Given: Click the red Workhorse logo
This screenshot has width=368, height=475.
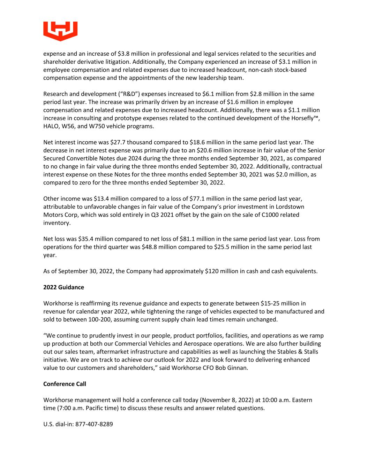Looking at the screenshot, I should click(x=60, y=31).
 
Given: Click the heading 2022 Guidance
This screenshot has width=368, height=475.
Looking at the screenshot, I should click(x=63, y=287).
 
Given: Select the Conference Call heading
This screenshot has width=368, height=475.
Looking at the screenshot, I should click(x=65, y=384).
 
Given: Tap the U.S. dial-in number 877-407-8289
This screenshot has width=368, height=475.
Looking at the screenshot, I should click(x=94, y=424).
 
